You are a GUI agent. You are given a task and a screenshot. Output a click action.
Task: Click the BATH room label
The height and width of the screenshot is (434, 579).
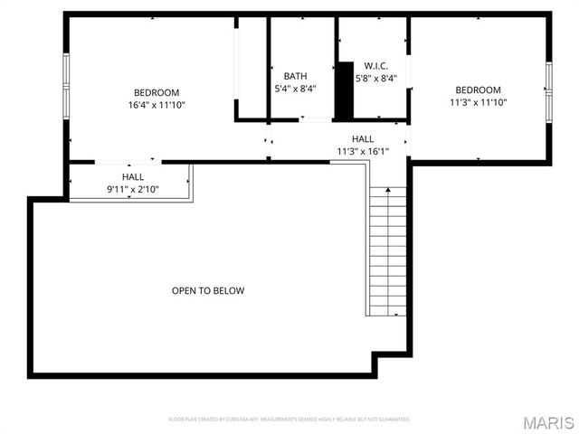tap(295, 76)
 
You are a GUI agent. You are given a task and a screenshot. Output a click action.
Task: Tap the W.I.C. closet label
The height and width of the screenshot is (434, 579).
tap(376, 66)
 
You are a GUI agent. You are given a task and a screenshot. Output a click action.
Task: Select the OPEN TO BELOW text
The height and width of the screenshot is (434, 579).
tap(208, 291)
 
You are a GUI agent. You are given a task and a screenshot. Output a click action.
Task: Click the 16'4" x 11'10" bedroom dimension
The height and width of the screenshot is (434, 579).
tap(157, 105)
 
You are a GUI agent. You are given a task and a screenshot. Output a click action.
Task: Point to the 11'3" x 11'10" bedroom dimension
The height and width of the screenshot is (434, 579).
tap(478, 103)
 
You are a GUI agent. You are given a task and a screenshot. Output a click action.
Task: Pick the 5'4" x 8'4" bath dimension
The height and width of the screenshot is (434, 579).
tap(295, 89)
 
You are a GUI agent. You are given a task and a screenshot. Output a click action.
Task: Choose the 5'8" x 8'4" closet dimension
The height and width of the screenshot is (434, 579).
tap(376, 79)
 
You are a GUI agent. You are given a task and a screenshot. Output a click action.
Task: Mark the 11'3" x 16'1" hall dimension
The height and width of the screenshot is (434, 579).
tap(362, 152)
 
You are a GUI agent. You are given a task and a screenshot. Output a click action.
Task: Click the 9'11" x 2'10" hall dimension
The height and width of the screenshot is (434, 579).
tap(133, 189)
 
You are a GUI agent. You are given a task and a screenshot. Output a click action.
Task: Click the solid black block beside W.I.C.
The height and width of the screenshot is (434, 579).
tap(344, 90)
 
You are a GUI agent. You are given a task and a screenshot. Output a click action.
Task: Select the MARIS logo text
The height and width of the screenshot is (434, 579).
tap(548, 422)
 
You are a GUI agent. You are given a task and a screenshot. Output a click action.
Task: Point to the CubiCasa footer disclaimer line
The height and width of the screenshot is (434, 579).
tap(289, 420)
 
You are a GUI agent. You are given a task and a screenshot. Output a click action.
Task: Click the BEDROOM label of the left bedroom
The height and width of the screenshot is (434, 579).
tap(157, 92)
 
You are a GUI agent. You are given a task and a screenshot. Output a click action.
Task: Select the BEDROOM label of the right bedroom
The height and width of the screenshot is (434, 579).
tap(478, 90)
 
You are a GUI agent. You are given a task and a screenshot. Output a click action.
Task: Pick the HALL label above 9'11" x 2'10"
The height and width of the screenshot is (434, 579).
tap(133, 177)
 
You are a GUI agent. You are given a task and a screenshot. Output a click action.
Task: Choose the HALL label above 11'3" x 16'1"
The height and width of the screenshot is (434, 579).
tap(363, 139)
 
